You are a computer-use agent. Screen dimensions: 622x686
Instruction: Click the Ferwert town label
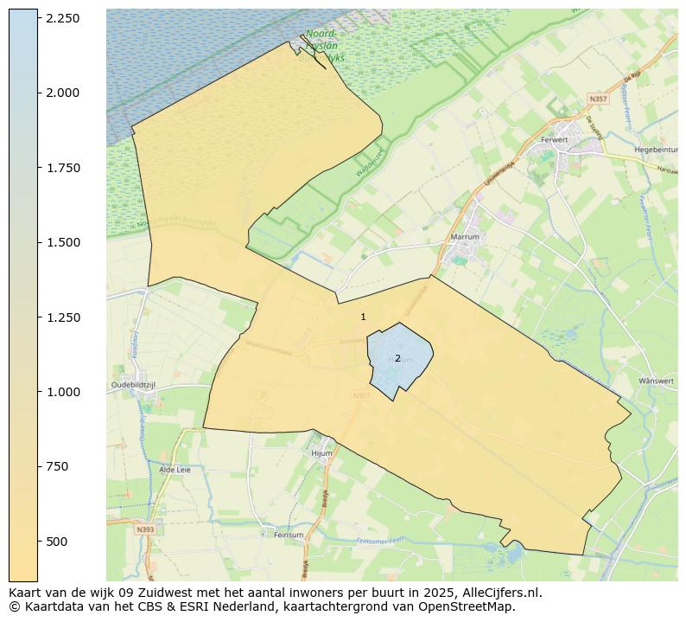click(x=554, y=139)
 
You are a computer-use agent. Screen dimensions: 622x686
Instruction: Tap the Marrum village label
click(x=465, y=237)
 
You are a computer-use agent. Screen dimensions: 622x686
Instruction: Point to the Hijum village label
click(x=321, y=453)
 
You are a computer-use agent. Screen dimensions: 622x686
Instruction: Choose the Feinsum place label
click(x=288, y=535)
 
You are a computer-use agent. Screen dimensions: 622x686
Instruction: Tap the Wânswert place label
click(x=655, y=381)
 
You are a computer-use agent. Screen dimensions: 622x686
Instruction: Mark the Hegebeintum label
click(x=655, y=149)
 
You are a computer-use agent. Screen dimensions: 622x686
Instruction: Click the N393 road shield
click(x=145, y=529)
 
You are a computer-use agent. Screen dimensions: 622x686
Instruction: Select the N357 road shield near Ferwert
click(x=597, y=99)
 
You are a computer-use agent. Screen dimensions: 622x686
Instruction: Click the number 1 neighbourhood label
click(x=363, y=317)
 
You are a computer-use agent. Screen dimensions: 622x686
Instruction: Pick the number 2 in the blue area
click(x=397, y=358)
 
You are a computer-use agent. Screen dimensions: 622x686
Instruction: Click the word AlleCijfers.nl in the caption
click(x=500, y=593)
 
